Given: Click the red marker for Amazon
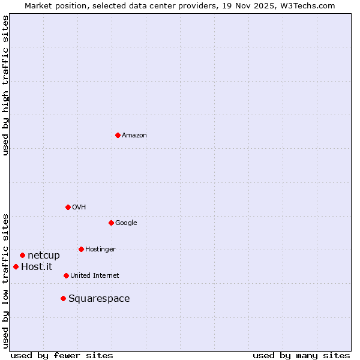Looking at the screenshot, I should pyautogui.click(x=118, y=135).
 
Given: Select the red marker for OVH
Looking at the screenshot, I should pyautogui.click(x=68, y=207).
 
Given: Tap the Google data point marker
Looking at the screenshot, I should pyautogui.click(x=111, y=223).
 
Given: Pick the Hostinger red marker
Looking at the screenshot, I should pyautogui.click(x=81, y=249).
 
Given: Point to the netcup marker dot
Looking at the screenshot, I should pyautogui.click(x=22, y=255).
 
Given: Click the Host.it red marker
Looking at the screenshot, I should pyautogui.click(x=16, y=266).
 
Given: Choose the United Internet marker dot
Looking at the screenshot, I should pyautogui.click(x=66, y=275).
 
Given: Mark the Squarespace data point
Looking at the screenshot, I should pyautogui.click(x=63, y=298).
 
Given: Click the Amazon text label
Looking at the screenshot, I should pyautogui.click(x=134, y=136).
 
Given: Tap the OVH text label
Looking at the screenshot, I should pyautogui.click(x=79, y=208).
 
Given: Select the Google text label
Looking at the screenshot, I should pyautogui.click(x=126, y=223).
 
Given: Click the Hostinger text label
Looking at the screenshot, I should pyautogui.click(x=100, y=250).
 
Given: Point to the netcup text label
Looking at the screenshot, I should pyautogui.click(x=44, y=256).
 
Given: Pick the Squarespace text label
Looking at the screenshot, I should pyautogui.click(x=99, y=299).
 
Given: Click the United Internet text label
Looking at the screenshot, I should pyautogui.click(x=95, y=276).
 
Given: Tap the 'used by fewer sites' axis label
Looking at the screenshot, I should pyautogui.click(x=62, y=356).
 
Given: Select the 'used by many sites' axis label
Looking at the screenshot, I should pyautogui.click(x=301, y=356).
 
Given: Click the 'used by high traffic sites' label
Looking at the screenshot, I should pyautogui.click(x=5, y=85).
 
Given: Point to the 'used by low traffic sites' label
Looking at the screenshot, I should pyautogui.click(x=5, y=280).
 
